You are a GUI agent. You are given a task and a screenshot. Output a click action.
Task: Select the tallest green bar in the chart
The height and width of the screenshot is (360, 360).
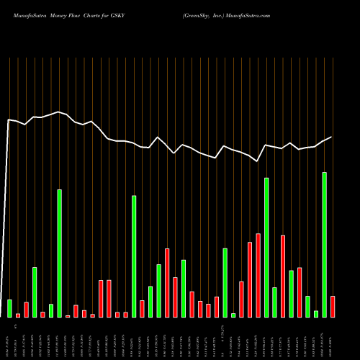click(324, 245)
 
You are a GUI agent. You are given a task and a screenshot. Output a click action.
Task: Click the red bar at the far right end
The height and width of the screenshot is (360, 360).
click(333, 307)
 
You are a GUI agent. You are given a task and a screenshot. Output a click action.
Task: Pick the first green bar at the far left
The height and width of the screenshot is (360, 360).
click(9, 308)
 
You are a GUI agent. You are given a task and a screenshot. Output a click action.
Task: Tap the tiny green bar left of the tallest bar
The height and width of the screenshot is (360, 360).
click(316, 314)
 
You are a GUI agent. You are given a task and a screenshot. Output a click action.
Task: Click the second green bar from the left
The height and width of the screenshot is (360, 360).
click(35, 292)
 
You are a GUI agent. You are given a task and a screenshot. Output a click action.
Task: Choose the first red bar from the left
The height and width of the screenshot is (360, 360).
click(18, 315)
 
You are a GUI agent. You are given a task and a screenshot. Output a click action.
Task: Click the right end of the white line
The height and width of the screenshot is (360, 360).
click(331, 137)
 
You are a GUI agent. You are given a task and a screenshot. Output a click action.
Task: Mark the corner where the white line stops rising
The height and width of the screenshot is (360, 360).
click(9, 120)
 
